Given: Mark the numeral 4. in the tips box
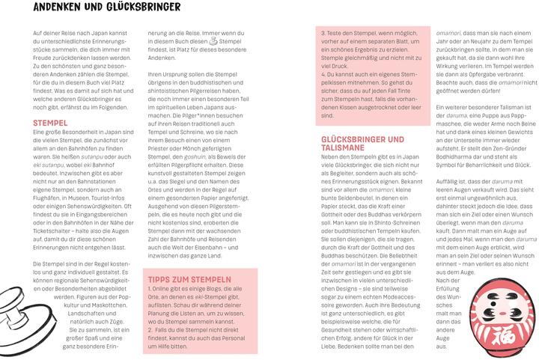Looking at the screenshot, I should [323, 75].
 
